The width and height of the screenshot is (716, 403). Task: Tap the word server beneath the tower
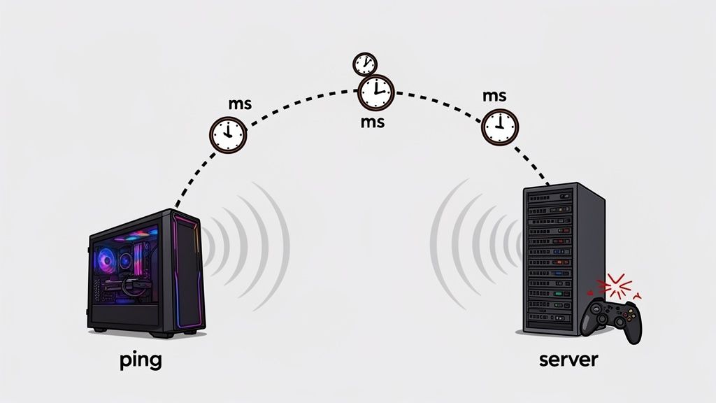[568, 360]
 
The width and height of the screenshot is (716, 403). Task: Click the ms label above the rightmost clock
[495, 96]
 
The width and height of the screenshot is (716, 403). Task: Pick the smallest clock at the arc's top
[364, 64]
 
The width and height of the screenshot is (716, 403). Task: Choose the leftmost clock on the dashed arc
[229, 134]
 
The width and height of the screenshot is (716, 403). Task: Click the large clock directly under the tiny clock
[376, 92]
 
